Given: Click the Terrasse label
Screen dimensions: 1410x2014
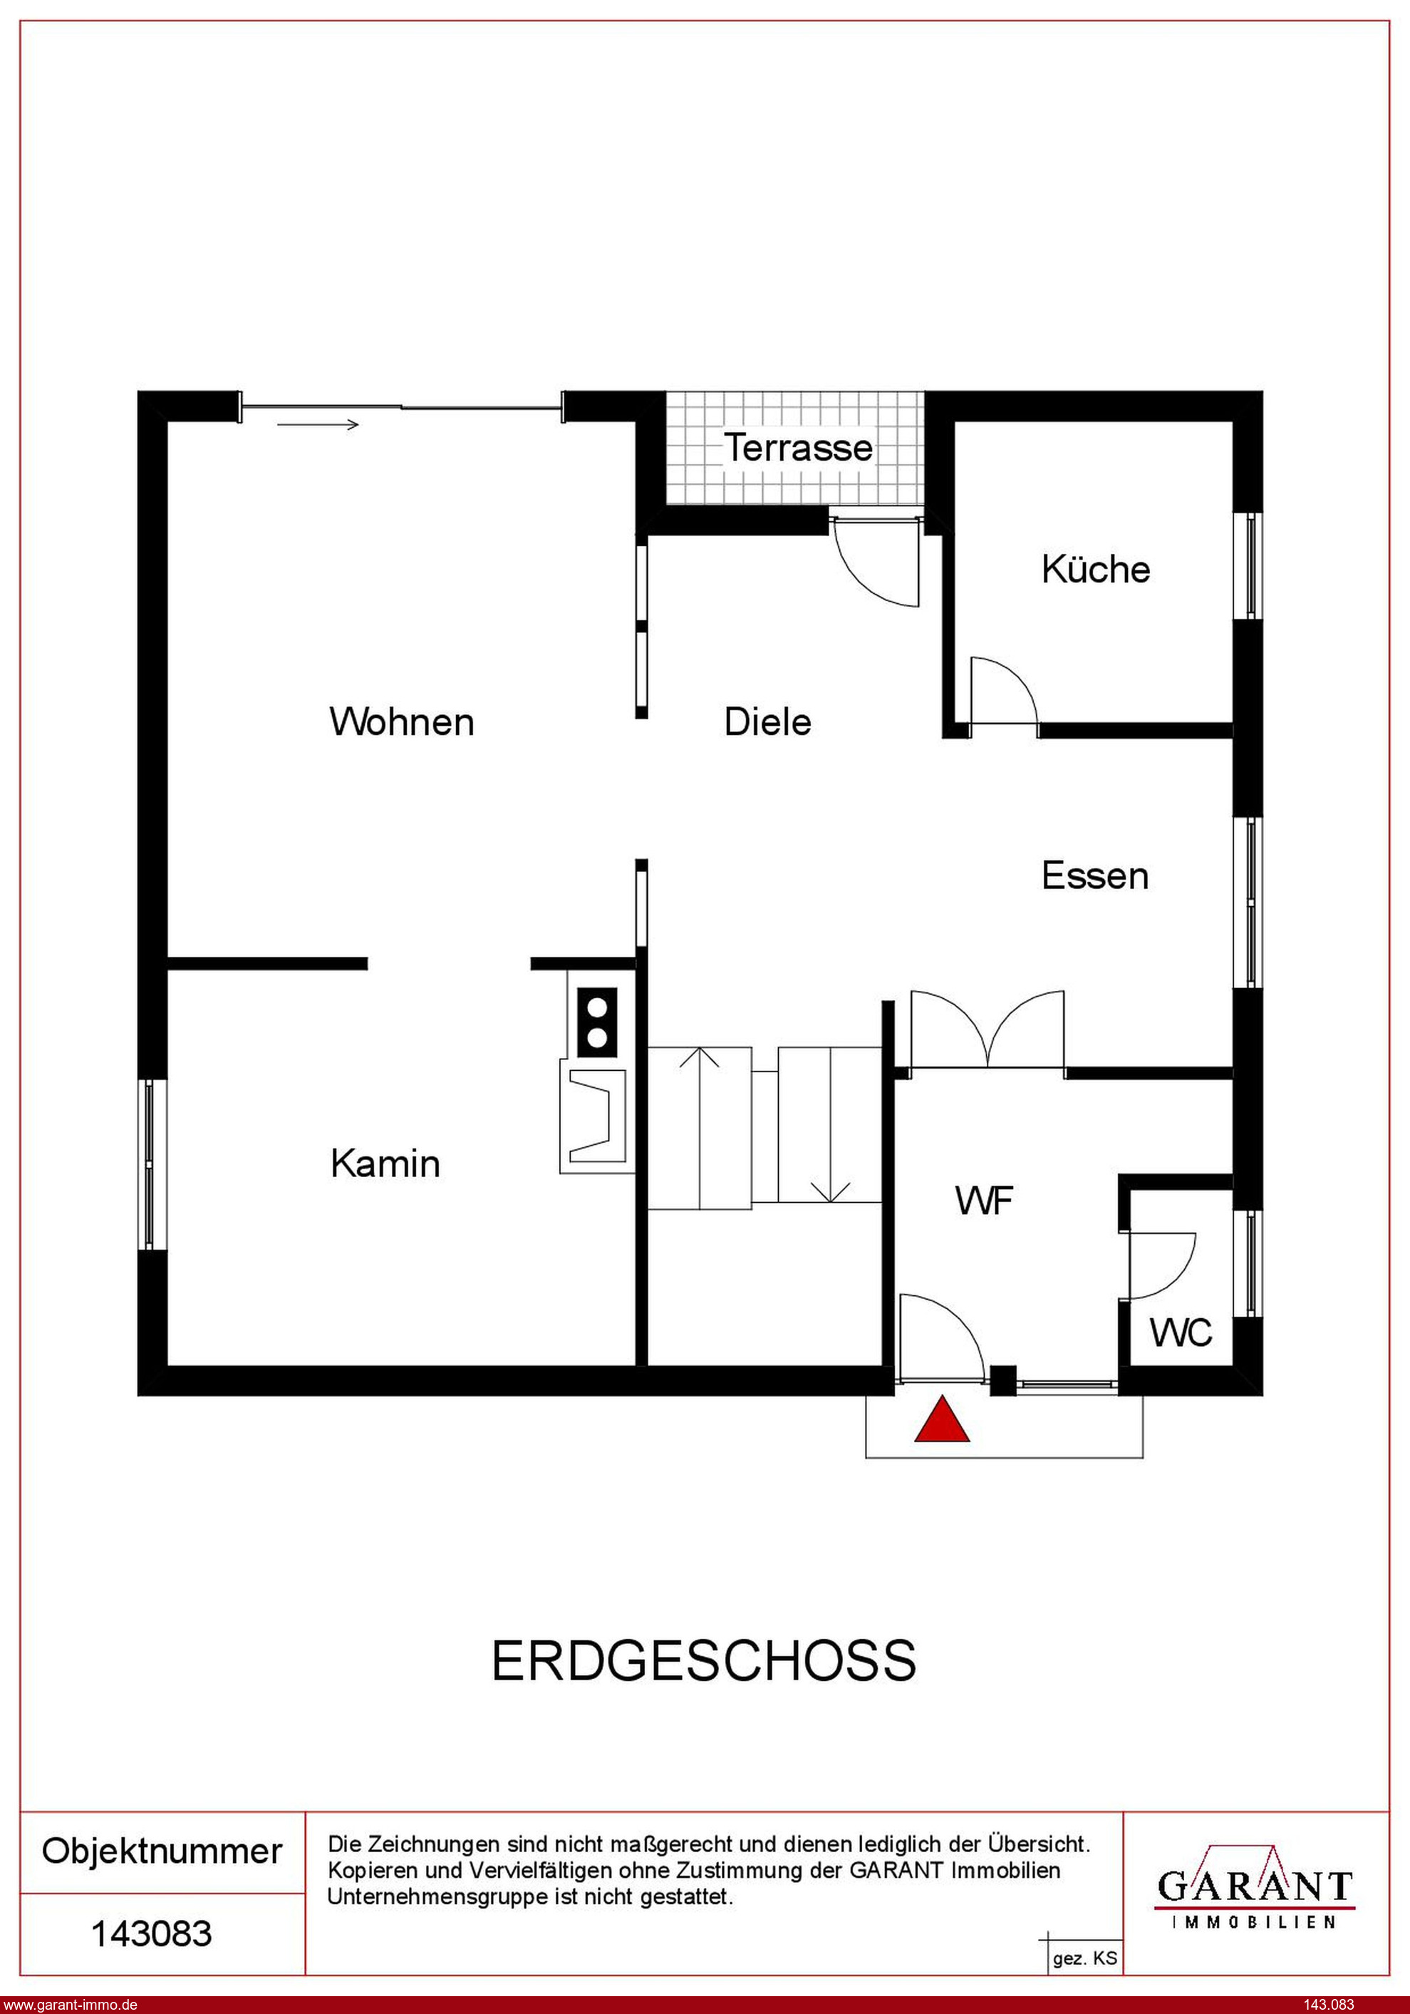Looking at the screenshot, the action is point(798,448).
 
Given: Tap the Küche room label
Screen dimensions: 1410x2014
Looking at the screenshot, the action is point(1095,570).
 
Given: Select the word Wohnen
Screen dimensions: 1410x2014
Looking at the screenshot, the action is point(402,722).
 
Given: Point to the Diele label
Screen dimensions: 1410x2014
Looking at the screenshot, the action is point(767,722).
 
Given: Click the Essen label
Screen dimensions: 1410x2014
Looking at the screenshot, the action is point(1094,876).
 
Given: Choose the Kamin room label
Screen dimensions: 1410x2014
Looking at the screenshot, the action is point(385,1164).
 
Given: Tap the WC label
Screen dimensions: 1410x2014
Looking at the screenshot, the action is point(1181,1333).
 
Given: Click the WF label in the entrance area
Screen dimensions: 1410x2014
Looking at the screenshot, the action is point(984,1201).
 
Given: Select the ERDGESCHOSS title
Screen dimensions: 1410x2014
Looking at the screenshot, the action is point(703,1660).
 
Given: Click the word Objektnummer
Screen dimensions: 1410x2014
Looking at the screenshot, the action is point(162,1851).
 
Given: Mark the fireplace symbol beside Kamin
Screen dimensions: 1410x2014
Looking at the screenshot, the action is point(596,1116).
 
